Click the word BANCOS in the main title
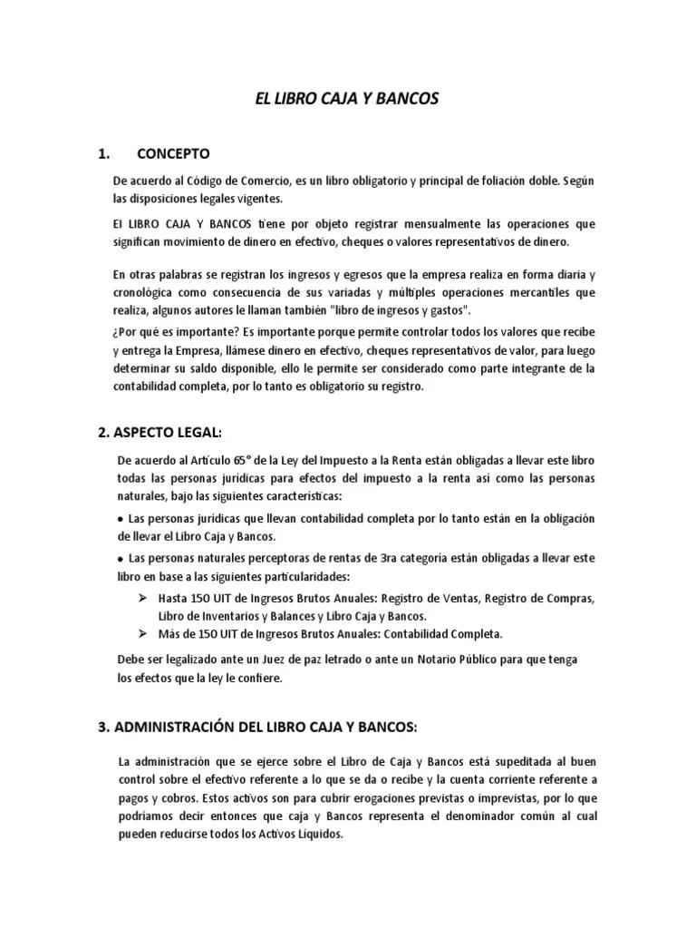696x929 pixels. pyautogui.click(x=405, y=98)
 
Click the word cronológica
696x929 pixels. pyautogui.click(x=147, y=292)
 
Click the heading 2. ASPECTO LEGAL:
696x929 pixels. pyautogui.click(x=159, y=432)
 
